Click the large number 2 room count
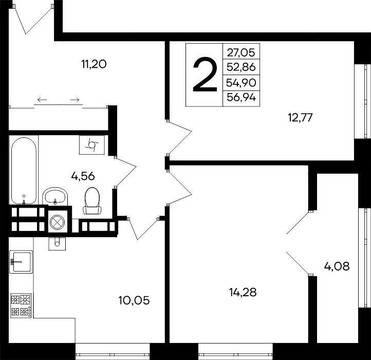[205, 75]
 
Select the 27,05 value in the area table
[241, 52]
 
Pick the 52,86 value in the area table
[241, 67]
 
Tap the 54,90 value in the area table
[241, 83]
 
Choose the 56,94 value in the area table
[241, 97]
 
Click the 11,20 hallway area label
[94, 64]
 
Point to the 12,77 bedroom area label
[300, 117]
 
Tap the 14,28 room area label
[243, 292]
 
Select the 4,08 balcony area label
[337, 266]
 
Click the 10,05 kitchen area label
[134, 300]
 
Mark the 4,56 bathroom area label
[83, 176]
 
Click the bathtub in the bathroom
[24, 171]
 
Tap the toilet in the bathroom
[92, 201]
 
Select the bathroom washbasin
[55, 196]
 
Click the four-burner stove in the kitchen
[21, 305]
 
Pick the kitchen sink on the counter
[21, 262]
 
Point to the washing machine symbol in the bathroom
[92, 145]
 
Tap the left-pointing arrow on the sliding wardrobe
[42, 100]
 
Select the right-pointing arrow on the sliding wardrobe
[75, 100]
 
